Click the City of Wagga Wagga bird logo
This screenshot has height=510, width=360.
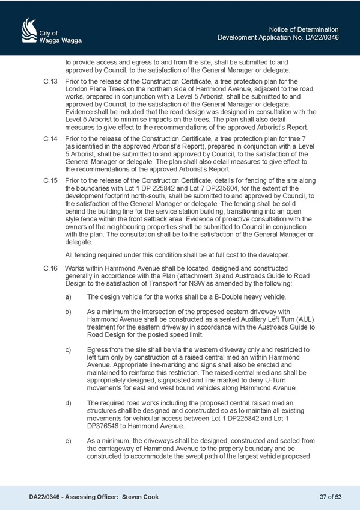pos(29,30)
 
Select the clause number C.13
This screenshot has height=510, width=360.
pos(50,81)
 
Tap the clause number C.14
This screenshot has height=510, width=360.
pos(50,139)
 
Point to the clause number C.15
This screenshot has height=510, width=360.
pos(50,181)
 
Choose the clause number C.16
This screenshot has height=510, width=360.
pos(50,269)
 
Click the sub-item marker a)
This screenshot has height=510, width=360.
pos(69,297)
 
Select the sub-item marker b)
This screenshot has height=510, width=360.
pos(69,312)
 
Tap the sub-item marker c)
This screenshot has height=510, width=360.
pos(69,350)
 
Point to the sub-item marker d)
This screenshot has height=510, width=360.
pos(69,404)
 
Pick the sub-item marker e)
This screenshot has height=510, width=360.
pos(69,441)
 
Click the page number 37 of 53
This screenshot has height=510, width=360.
pos(331,497)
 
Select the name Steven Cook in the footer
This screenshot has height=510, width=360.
pos(141,497)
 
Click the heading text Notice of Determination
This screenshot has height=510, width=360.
pos(304,29)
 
